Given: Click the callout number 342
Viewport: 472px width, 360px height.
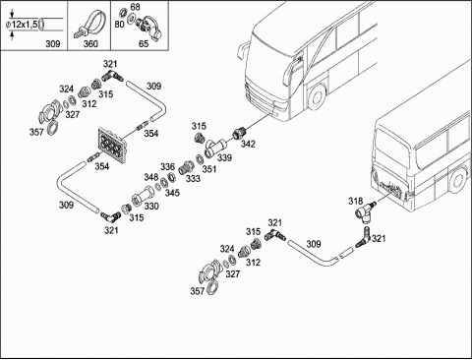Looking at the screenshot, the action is tap(248, 144).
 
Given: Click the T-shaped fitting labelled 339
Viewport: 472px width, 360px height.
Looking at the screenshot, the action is tap(215, 148).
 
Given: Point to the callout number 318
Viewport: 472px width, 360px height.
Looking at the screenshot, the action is tap(355, 201).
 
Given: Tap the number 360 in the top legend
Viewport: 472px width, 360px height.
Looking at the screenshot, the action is tap(90, 44).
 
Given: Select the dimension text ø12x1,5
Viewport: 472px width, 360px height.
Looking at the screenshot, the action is tap(22, 24).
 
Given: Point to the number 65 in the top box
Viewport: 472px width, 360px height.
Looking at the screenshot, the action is tap(144, 44).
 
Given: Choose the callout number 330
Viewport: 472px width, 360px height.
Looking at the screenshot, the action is tap(151, 207).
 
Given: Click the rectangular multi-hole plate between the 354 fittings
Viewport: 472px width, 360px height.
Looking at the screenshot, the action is tap(112, 146).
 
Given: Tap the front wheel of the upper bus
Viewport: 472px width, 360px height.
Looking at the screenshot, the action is tap(317, 97).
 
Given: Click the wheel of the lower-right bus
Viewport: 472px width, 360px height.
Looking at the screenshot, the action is tap(458, 180).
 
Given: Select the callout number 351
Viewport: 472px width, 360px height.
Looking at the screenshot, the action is tap(209, 169).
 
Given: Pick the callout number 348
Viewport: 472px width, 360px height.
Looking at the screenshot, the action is tap(151, 177).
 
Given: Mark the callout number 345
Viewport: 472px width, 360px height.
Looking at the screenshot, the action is tap(172, 193).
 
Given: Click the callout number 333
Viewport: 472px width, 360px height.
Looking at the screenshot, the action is tap(193, 179).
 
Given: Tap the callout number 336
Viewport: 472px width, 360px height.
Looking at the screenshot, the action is tap(167, 167).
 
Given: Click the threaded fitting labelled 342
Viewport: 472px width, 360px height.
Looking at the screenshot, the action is tap(238, 133).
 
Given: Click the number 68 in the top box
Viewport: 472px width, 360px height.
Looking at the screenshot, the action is tap(135, 7).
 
